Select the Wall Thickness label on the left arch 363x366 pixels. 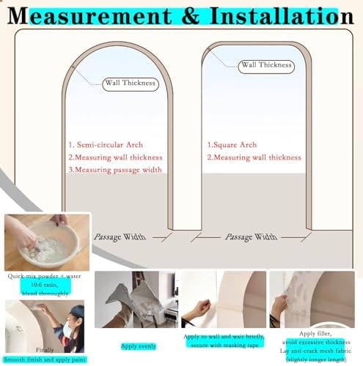coord(131,83)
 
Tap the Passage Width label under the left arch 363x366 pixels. coord(119,237)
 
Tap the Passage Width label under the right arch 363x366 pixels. coord(251,237)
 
